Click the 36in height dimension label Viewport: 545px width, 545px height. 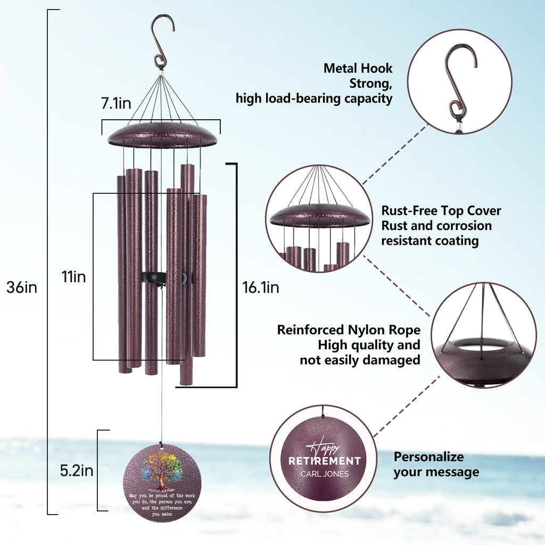22,287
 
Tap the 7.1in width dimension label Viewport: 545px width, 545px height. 116,104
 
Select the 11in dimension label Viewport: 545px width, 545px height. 73,277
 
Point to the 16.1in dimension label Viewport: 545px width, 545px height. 261,287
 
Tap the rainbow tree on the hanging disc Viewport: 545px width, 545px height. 161,468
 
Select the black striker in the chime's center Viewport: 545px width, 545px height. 154,278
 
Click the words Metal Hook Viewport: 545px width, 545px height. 358,68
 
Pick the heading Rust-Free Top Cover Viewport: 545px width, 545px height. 441,211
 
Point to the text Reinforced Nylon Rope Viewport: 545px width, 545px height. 349,330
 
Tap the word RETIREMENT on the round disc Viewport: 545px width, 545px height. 325,460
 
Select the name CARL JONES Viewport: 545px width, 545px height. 325,474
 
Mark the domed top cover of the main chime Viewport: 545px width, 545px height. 162,135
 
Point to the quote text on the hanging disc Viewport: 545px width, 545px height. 161,505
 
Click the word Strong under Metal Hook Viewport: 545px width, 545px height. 371,83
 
